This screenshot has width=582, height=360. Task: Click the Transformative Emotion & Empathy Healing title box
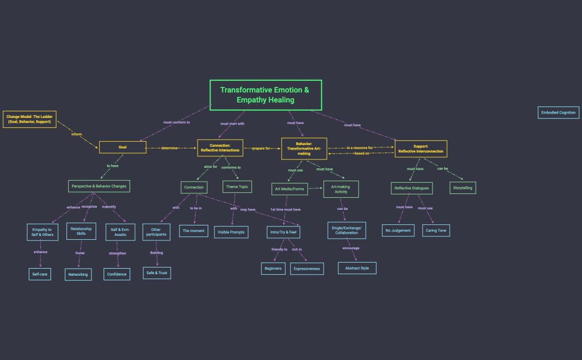(266, 95)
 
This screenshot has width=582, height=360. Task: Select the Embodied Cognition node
(559, 112)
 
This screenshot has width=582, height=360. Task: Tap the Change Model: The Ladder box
(29, 119)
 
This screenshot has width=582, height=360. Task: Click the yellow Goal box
(122, 147)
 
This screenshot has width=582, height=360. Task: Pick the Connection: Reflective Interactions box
(220, 148)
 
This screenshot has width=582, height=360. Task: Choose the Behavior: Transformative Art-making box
(303, 148)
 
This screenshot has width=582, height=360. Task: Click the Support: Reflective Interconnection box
(421, 148)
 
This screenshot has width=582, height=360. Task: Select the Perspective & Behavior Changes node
(99, 186)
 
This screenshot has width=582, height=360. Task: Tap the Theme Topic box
(237, 187)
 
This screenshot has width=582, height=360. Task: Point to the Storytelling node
(462, 188)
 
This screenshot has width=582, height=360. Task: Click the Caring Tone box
(436, 230)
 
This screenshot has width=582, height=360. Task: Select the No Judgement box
(398, 230)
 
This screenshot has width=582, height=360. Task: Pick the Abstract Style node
(357, 268)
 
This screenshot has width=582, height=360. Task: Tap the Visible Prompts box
(231, 232)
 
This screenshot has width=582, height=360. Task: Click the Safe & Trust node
(156, 273)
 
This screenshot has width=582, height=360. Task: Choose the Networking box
(78, 274)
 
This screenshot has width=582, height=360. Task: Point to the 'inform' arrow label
(77, 134)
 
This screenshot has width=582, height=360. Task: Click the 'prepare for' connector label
(262, 148)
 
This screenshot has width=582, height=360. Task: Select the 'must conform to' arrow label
(177, 122)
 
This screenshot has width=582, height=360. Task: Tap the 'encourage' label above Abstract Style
(351, 248)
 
